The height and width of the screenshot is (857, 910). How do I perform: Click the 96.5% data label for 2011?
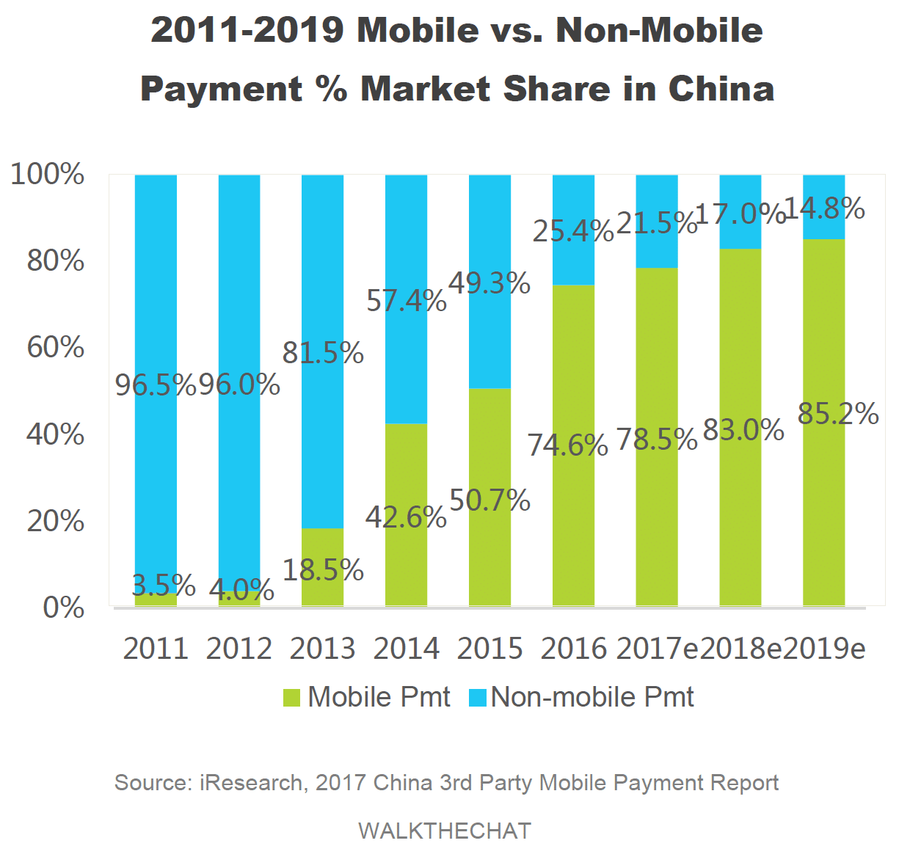tap(155, 384)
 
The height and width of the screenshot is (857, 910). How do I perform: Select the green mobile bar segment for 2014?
tap(406, 558)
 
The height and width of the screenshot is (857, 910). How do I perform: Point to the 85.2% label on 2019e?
tap(837, 414)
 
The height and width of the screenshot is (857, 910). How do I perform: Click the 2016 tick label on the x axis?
tap(573, 649)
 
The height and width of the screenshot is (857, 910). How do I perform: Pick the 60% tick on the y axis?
tap(55, 347)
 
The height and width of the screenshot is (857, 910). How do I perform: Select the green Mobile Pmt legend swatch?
tap(291, 697)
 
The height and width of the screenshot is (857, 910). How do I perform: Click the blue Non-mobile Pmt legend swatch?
tap(477, 697)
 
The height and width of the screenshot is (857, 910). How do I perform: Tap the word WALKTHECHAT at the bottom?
tap(444, 831)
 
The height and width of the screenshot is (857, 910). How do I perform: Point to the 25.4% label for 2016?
tap(572, 231)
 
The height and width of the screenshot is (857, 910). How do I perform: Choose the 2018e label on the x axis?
tap(740, 649)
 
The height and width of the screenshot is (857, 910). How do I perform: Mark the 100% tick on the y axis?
tap(47, 175)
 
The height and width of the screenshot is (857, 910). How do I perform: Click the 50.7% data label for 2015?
tap(489, 500)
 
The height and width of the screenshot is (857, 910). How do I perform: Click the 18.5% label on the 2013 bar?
tap(323, 570)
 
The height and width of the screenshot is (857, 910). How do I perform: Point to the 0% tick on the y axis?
tap(63, 608)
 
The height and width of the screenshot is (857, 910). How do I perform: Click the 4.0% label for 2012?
tap(241, 590)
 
